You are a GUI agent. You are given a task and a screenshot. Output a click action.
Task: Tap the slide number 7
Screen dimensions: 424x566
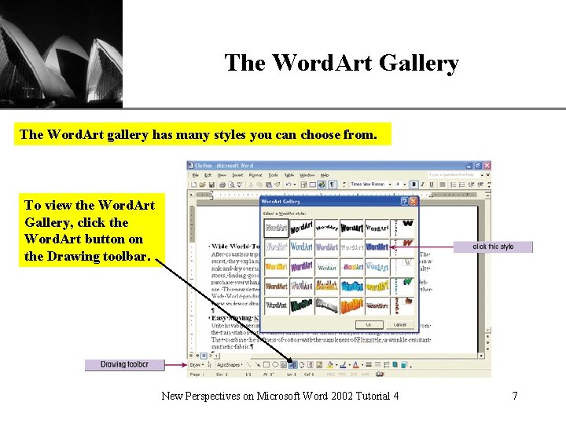pyautogui.click(x=515, y=396)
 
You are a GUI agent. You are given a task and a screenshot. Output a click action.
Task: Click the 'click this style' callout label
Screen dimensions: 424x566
pyautogui.click(x=493, y=247)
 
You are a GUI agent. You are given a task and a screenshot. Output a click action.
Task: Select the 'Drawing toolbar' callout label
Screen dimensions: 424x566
pyautogui.click(x=124, y=364)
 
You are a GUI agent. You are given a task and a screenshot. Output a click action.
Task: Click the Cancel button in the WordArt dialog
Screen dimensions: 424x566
pyautogui.click(x=399, y=324)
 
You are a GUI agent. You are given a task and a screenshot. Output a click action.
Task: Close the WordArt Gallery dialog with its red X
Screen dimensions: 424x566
pyautogui.click(x=413, y=202)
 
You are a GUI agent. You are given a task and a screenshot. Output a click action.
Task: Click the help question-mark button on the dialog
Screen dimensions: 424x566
pyautogui.click(x=404, y=202)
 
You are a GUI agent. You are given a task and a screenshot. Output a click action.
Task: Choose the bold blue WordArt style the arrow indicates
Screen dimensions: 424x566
pyautogui.click(x=377, y=247)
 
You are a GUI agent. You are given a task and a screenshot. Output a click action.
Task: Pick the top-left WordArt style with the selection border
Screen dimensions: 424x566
pyautogui.click(x=276, y=228)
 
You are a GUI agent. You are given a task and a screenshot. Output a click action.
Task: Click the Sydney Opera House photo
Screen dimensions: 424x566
pyautogui.click(x=61, y=53)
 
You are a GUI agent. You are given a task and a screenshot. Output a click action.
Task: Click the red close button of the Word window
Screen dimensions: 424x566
pyautogui.click(x=487, y=166)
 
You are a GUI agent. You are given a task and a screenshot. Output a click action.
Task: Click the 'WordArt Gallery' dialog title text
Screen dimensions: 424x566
pyautogui.click(x=281, y=202)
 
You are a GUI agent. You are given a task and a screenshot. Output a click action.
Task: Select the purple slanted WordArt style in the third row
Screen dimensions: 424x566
pyautogui.click(x=301, y=266)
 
